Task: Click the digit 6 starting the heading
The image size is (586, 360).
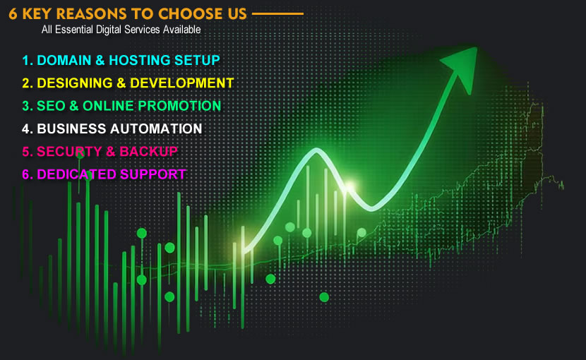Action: point(13,13)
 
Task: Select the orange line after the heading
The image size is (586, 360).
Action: point(277,13)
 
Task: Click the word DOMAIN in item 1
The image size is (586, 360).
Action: point(64,60)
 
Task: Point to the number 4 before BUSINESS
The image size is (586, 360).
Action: point(26,128)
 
